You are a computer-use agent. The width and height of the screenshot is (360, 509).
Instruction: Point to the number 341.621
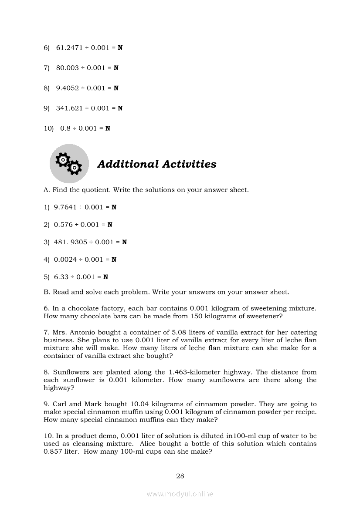click(69, 108)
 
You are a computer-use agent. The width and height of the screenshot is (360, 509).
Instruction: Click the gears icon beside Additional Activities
click(69, 164)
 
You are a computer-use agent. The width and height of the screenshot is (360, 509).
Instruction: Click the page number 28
click(180, 476)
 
